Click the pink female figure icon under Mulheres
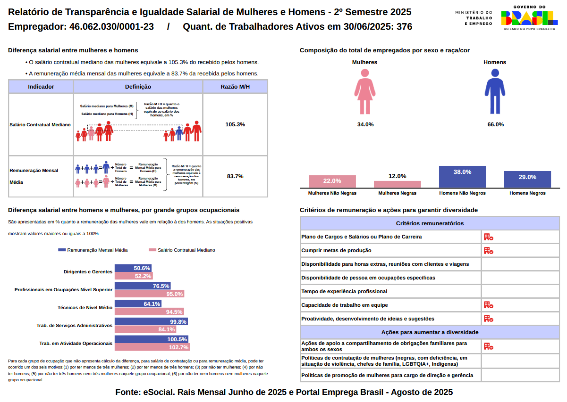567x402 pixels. (x=365, y=92)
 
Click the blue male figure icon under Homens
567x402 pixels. (x=495, y=92)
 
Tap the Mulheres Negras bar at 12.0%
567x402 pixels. (x=397, y=184)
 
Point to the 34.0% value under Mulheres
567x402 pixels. (x=365, y=124)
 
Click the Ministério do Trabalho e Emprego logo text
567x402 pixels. (x=474, y=18)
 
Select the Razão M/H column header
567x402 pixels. (x=235, y=87)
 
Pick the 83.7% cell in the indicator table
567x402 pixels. (x=235, y=176)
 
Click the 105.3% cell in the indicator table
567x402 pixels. (x=235, y=124)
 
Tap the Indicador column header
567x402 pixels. (x=41, y=87)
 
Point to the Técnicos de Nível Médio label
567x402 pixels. (x=85, y=307)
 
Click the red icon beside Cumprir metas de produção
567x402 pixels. (x=488, y=250)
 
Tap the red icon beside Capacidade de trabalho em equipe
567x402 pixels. (x=488, y=305)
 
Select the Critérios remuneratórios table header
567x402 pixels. (x=430, y=223)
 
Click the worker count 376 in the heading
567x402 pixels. (x=404, y=27)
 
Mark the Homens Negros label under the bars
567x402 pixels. (x=527, y=193)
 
